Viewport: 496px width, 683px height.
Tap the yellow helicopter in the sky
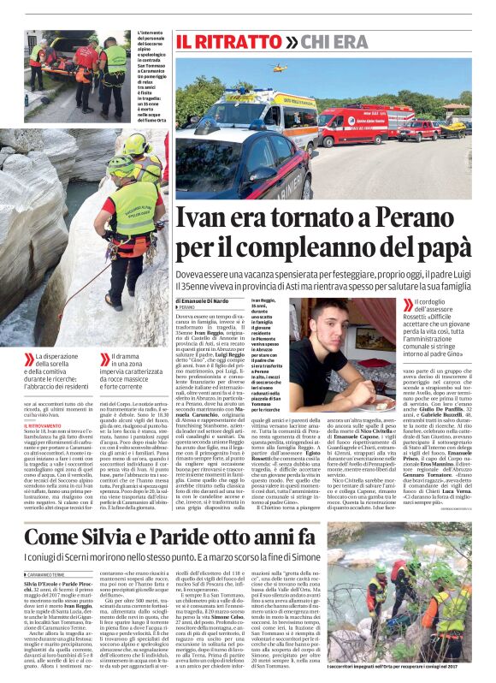(279, 67)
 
